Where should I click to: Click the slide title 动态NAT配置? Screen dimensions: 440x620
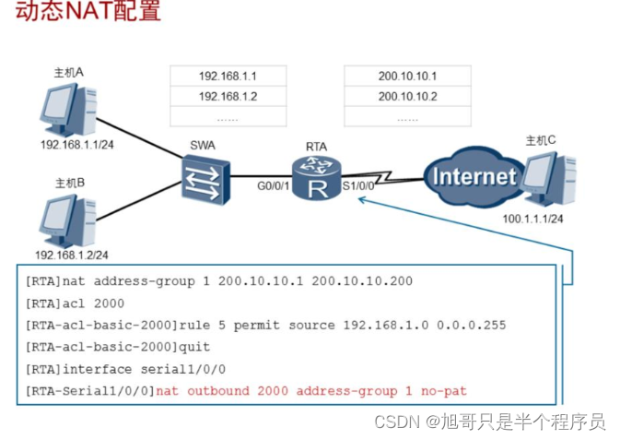[81, 12]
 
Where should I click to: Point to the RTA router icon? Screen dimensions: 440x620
[317, 177]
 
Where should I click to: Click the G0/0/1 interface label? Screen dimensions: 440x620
[274, 186]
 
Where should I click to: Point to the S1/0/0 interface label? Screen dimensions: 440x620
[358, 186]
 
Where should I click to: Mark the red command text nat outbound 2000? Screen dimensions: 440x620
[221, 391]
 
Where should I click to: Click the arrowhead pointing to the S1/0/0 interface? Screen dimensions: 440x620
[363, 197]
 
